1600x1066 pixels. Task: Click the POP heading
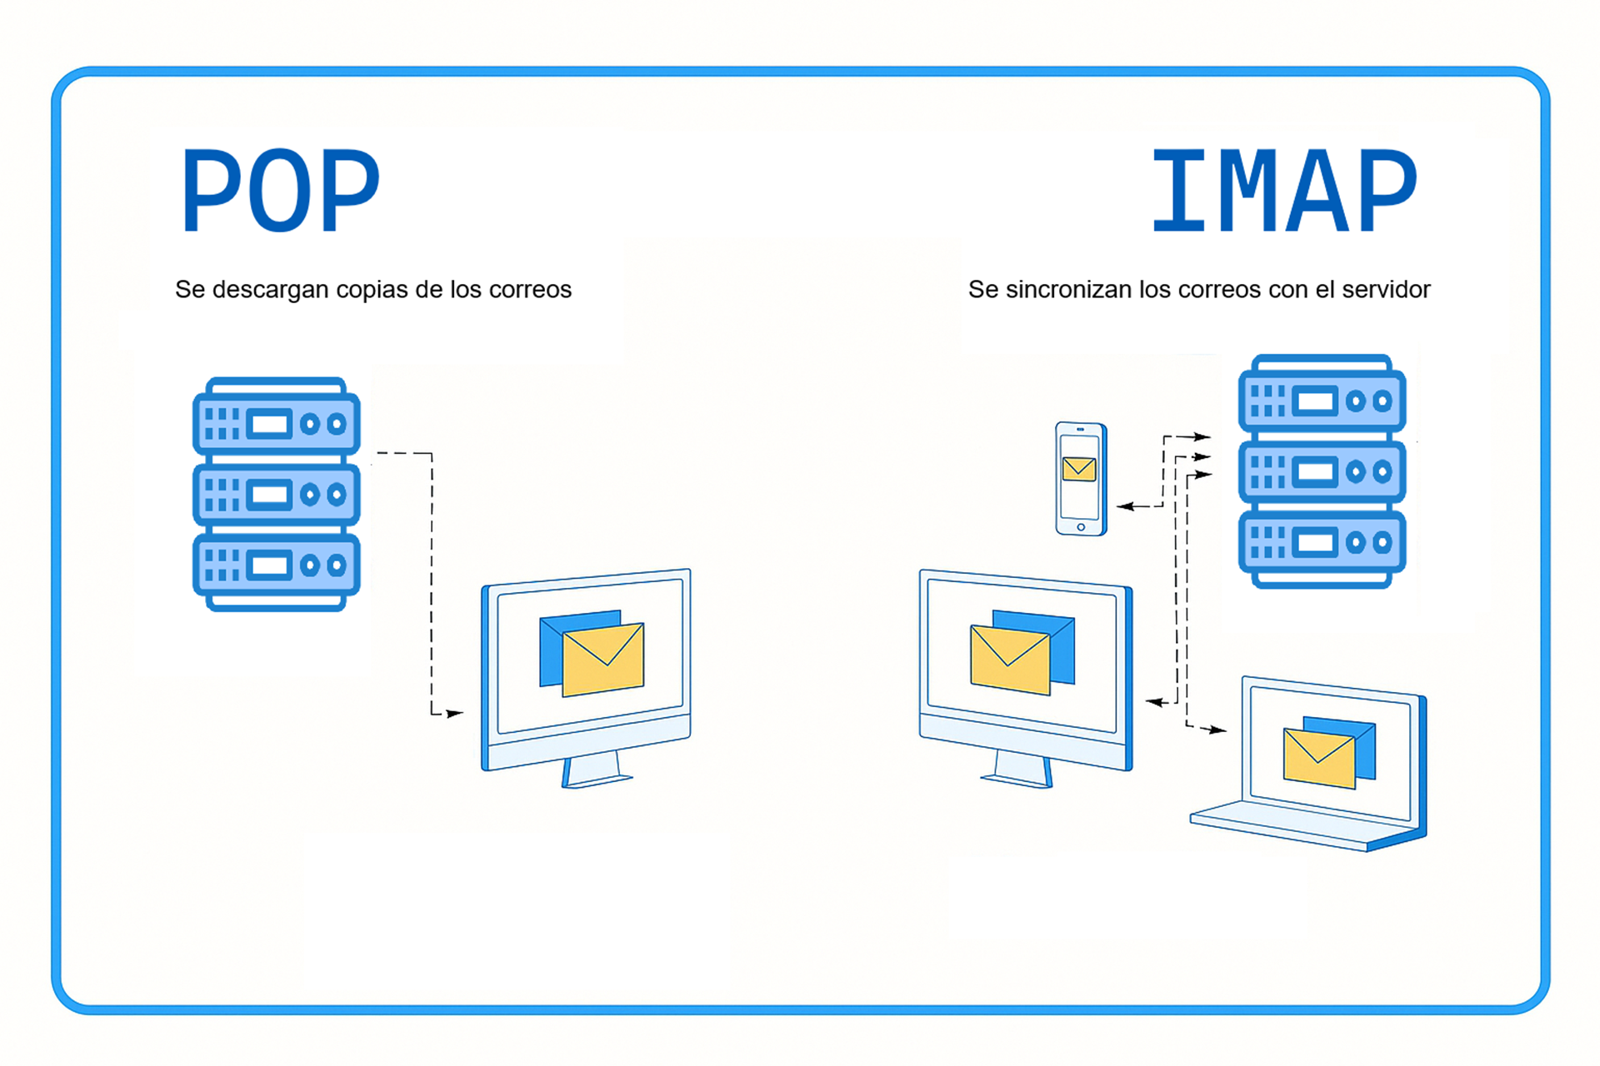pos(280,190)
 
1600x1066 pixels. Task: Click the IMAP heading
pos(1283,190)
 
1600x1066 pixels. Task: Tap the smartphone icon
pos(1081,478)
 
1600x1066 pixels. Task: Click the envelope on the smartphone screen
pos(1079,469)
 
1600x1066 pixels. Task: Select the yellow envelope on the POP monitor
pos(603,660)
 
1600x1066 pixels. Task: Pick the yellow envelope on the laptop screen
pos(1319,757)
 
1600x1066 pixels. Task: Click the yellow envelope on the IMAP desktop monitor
pos(1010,660)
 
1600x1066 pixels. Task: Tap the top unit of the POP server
pos(277,423)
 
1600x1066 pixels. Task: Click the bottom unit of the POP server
pos(277,566)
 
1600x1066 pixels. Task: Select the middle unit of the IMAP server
pos(1322,472)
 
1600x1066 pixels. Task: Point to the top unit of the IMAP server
pos(1322,401)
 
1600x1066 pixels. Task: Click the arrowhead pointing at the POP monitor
pos(454,714)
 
